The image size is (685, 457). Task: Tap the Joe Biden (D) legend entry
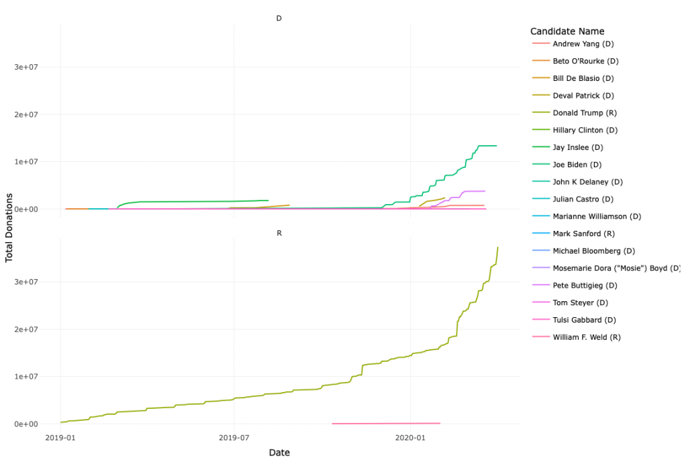click(x=577, y=165)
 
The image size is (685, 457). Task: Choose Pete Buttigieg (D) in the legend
click(x=585, y=286)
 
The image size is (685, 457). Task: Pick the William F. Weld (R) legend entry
click(x=587, y=337)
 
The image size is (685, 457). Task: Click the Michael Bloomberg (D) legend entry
click(x=593, y=251)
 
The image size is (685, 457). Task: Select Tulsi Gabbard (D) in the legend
click(x=584, y=320)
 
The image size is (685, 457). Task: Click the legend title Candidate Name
click(x=567, y=31)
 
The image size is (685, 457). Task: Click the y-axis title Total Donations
click(x=10, y=227)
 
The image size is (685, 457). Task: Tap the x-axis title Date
click(x=279, y=453)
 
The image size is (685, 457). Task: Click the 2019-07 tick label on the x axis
click(x=233, y=438)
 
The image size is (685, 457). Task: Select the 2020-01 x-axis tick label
click(x=410, y=438)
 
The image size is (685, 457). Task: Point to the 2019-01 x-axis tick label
click(x=60, y=438)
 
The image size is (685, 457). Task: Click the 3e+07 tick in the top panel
click(x=30, y=67)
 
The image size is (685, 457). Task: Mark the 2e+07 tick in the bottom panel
click(x=30, y=329)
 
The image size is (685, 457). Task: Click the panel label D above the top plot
click(x=279, y=18)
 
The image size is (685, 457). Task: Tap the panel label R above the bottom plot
click(x=279, y=233)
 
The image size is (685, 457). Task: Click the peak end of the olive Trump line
click(x=498, y=248)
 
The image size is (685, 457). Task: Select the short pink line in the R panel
click(x=386, y=423)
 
